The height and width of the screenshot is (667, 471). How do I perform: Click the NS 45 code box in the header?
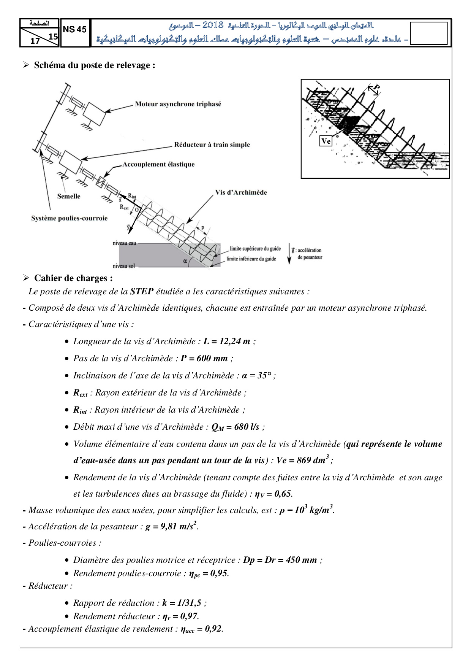pyautogui.click(x=75, y=30)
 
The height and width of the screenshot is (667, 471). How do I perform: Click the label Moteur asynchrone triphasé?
pyautogui.click(x=178, y=104)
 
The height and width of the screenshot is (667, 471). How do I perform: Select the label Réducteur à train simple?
pyautogui.click(x=212, y=145)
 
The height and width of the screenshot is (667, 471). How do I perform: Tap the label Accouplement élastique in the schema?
pyautogui.click(x=158, y=164)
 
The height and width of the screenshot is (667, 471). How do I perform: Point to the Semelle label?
pyautogui.click(x=69, y=196)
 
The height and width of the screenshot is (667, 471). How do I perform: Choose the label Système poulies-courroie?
pyautogui.click(x=69, y=218)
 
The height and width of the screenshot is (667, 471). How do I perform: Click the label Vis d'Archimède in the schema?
pyautogui.click(x=241, y=192)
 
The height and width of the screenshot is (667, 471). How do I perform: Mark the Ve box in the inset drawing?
pyautogui.click(x=326, y=141)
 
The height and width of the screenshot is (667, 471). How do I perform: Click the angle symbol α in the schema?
pyautogui.click(x=185, y=261)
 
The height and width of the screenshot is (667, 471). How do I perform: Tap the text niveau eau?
pyautogui.click(x=124, y=243)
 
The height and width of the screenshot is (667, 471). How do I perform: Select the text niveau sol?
pyautogui.click(x=124, y=266)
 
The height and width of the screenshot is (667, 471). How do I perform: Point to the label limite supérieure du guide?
pyautogui.click(x=255, y=249)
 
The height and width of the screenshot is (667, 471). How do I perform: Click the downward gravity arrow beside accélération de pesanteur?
pyautogui.click(x=289, y=254)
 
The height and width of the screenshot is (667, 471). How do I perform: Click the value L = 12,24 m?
pyautogui.click(x=227, y=341)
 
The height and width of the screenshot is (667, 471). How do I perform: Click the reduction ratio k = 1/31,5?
pyautogui.click(x=182, y=603)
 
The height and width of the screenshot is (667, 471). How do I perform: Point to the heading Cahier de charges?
pyautogui.click(x=73, y=278)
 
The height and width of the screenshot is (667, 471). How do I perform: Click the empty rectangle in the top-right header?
pyautogui.click(x=429, y=33)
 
